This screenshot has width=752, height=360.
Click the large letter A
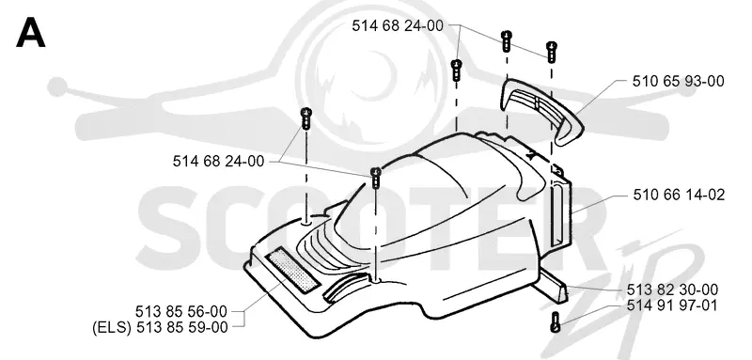(31, 35)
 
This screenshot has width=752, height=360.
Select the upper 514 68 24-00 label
(398, 26)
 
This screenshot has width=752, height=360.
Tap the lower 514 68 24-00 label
(218, 161)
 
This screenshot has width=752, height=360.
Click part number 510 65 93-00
(678, 81)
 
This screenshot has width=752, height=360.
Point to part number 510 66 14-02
(679, 195)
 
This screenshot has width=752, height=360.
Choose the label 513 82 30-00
(672, 290)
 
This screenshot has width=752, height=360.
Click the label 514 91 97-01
(672, 305)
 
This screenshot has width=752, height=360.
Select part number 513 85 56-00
(180, 311)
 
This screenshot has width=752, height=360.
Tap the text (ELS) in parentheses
(112, 328)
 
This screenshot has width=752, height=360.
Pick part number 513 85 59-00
(182, 328)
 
